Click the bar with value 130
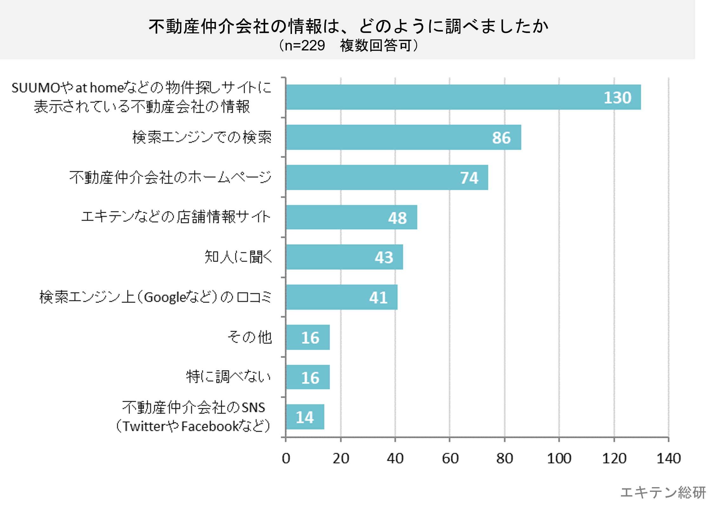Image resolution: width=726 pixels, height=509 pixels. pos(463,97)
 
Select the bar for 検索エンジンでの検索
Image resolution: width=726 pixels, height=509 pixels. pos(403,137)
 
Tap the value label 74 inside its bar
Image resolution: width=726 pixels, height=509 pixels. pos(469,178)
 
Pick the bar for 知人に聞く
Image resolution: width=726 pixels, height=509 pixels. pos(344,257)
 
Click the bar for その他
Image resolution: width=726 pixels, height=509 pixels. pos(308,337)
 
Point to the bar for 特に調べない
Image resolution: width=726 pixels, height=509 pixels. pos(308,377)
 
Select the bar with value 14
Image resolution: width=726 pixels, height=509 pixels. pos(305,417)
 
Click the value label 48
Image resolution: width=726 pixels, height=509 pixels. pos(397,218)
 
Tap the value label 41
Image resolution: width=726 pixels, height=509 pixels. pos(378,298)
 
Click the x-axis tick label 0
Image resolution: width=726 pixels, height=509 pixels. pos(286,459)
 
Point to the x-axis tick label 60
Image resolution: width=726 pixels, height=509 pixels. pos(450,459)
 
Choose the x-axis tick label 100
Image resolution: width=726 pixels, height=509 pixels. pos(559,459)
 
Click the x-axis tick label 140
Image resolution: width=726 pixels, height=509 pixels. pos(669,459)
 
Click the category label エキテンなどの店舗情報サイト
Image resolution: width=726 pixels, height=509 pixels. pos(176,217)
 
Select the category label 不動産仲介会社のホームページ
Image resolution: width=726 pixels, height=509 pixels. pos(170,177)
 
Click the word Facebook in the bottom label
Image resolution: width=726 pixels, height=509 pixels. pos(210,426)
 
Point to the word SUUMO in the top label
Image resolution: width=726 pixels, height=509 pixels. pos(36,88)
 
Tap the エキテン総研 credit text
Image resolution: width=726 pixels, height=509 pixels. pos(663,493)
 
